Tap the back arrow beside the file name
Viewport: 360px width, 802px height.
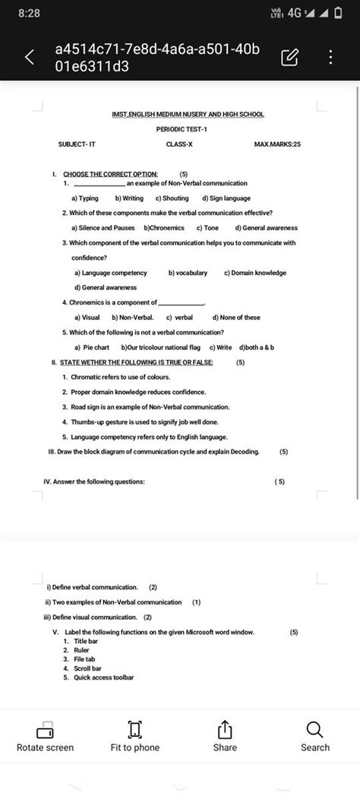(x=29, y=57)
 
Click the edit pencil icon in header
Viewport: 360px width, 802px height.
(x=289, y=57)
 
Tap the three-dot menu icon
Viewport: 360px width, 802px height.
(x=330, y=57)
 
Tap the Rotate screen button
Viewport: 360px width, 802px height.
(x=45, y=737)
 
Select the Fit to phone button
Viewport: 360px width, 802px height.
(x=135, y=737)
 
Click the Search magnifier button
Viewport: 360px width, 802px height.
(x=315, y=737)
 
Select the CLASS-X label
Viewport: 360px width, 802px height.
(x=180, y=144)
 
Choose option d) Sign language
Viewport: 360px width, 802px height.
(x=226, y=197)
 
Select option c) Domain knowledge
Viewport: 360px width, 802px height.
(x=255, y=273)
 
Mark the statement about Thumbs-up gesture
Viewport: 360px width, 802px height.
(x=145, y=422)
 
